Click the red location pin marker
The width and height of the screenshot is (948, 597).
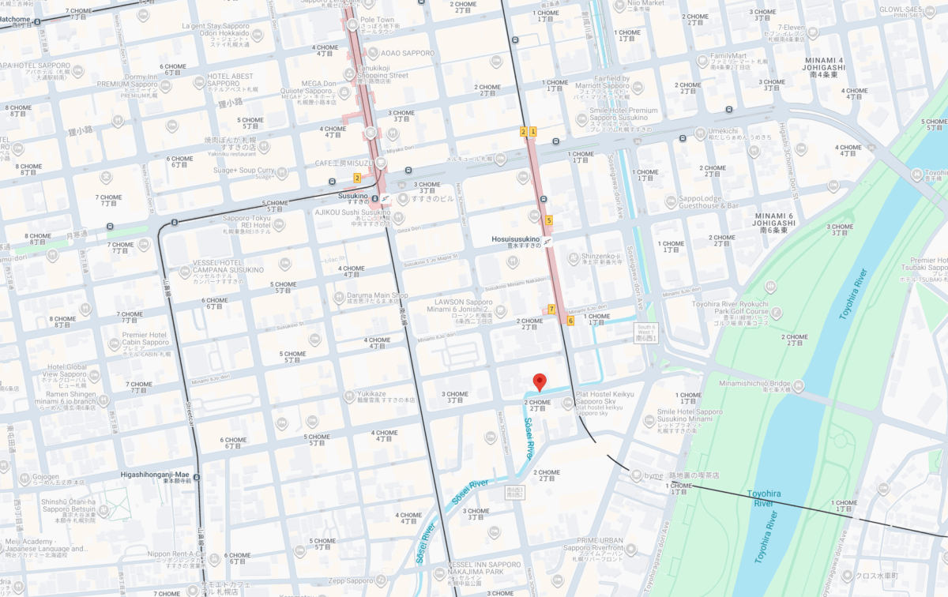pos(540,382)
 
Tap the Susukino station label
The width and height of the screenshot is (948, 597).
pos(353,196)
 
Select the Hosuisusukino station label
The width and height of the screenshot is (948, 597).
pos(514,239)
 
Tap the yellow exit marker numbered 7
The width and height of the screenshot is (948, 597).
pos(551,309)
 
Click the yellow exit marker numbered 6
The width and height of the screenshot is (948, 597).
pos(570,321)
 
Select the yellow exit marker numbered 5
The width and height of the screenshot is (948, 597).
pos(548,220)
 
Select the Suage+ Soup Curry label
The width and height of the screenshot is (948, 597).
pos(251,170)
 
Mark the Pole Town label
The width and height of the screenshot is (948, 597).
pos(377,20)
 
